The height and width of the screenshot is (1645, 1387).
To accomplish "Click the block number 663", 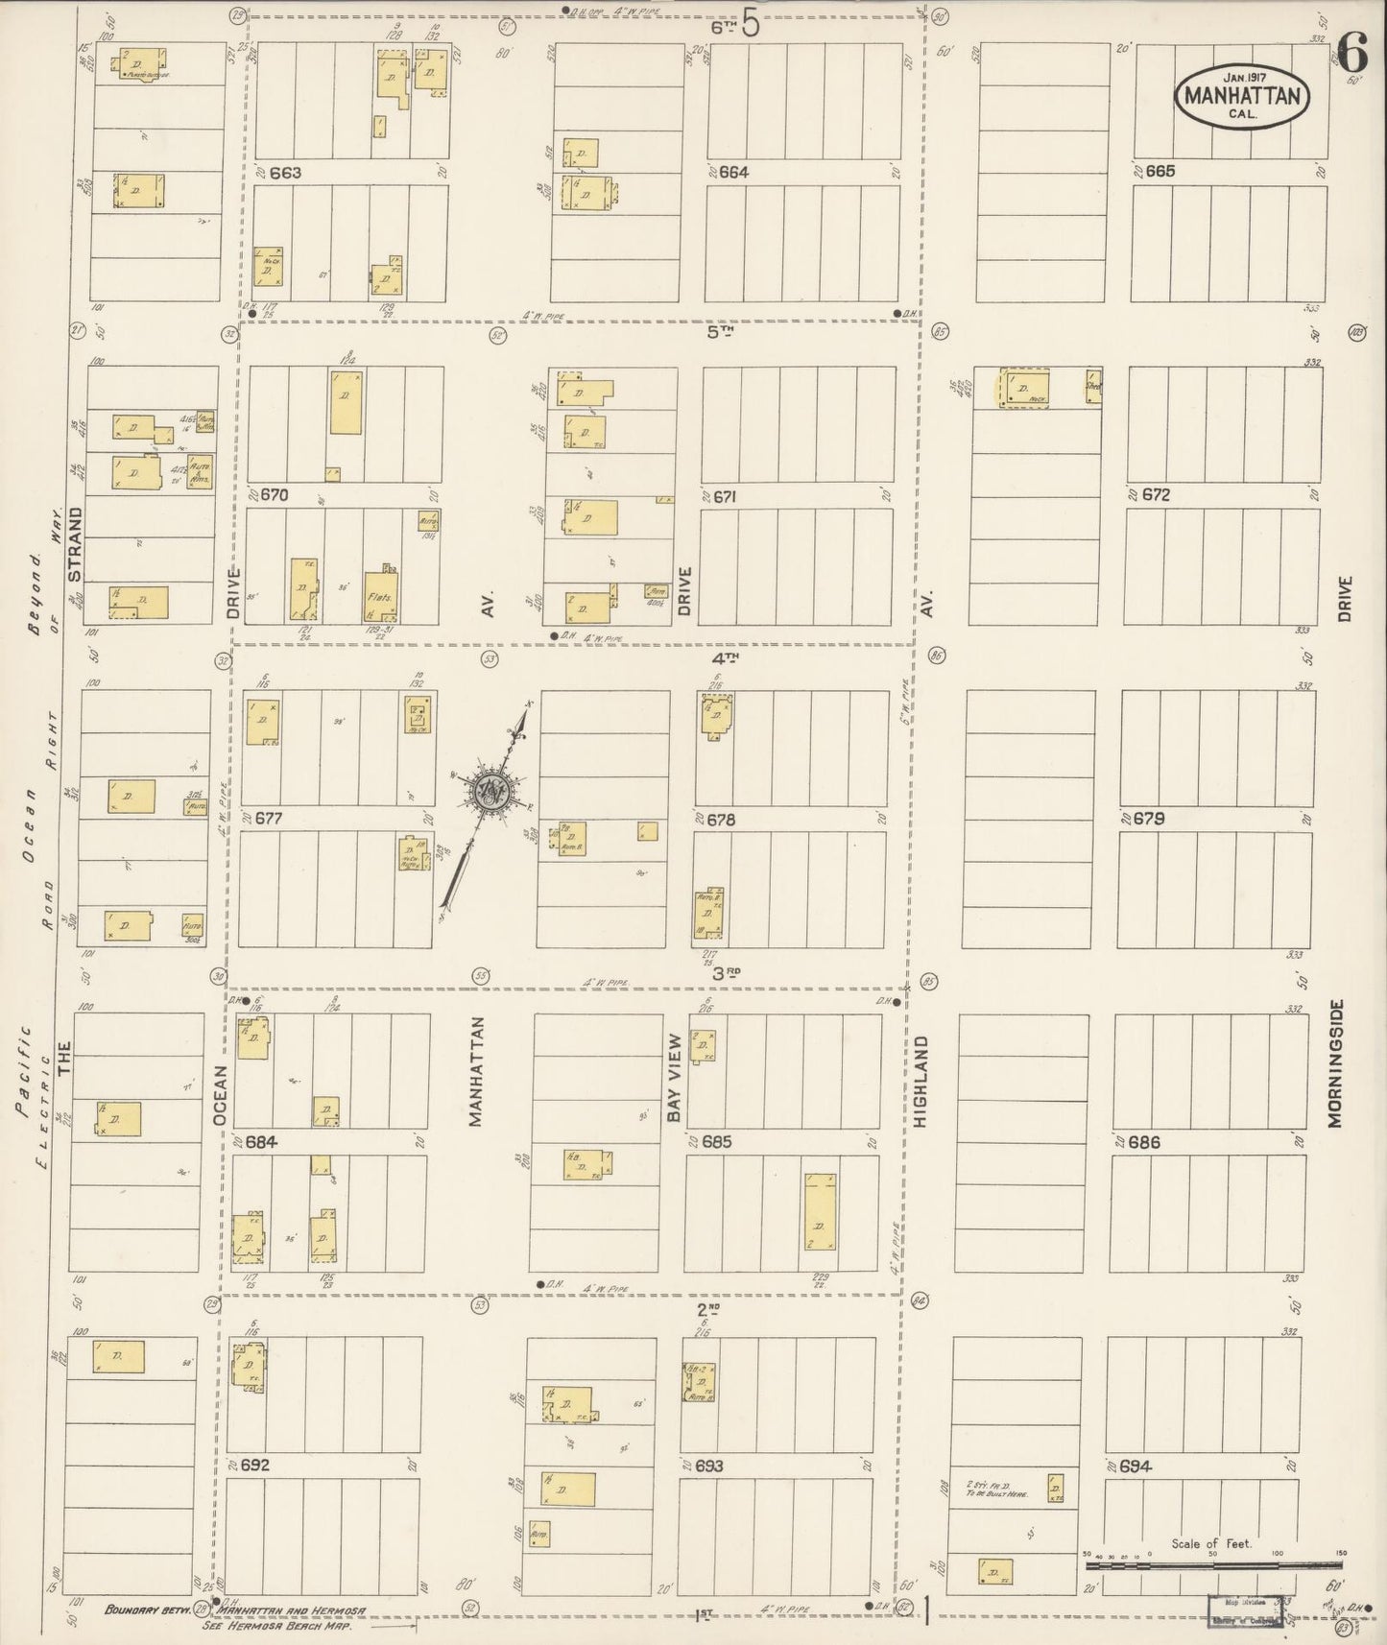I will pyautogui.click(x=285, y=173).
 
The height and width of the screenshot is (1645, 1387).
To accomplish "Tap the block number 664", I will pyautogui.click(x=732, y=173).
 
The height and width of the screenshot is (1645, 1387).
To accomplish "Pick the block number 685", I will pyautogui.click(x=716, y=1142).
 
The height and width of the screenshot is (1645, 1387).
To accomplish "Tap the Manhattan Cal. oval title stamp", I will pyautogui.click(x=1243, y=94).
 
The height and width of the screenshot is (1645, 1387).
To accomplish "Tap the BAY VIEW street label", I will pyautogui.click(x=675, y=1077).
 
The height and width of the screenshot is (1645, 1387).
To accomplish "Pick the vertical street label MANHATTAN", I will pyautogui.click(x=475, y=1070).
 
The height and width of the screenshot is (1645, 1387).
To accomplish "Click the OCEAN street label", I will pyautogui.click(x=220, y=1094).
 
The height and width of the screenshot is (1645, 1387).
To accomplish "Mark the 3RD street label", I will pyautogui.click(x=729, y=972).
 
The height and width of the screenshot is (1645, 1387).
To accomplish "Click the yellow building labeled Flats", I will pyautogui.click(x=381, y=596).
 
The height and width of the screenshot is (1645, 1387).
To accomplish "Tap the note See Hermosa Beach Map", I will pyautogui.click(x=276, y=1627).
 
